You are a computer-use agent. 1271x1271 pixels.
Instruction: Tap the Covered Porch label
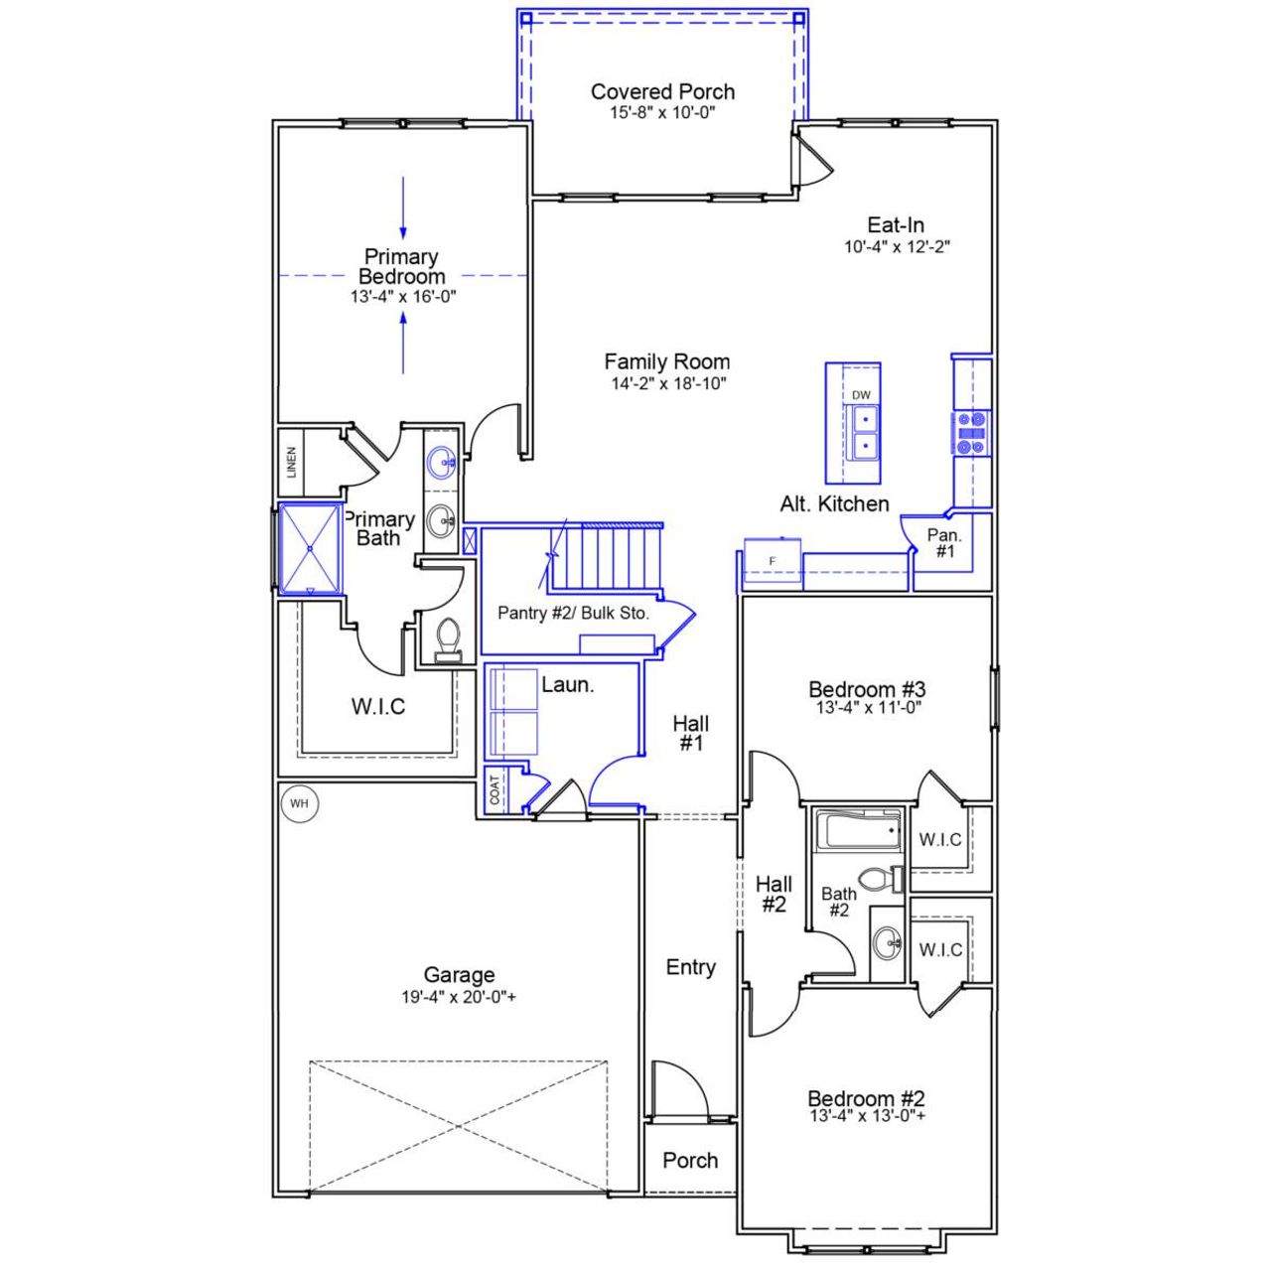(x=662, y=91)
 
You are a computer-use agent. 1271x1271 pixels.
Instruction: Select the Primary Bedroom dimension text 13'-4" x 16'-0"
(x=401, y=296)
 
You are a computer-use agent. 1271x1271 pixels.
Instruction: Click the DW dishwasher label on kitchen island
(x=861, y=395)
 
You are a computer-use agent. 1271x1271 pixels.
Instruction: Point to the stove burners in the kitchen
(x=972, y=434)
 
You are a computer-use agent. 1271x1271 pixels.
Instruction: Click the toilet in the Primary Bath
(x=448, y=637)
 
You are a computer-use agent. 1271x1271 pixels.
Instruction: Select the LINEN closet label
(x=292, y=463)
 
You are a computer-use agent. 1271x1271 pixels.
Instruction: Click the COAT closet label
(x=494, y=790)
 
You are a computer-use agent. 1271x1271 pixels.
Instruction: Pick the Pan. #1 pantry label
(x=944, y=542)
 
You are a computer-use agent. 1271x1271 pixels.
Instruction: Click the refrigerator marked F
(x=773, y=562)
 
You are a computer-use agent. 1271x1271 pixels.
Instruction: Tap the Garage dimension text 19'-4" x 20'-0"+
(x=458, y=997)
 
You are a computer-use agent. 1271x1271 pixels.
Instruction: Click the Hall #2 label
(x=774, y=894)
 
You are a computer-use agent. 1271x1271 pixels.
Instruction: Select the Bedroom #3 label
(x=867, y=689)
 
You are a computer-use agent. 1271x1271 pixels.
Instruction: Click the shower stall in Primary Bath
(x=310, y=548)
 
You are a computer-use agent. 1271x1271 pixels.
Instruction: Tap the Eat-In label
(x=896, y=225)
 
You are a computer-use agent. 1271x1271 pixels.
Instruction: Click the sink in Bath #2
(x=887, y=942)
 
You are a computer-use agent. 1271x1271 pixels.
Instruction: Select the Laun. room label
(x=567, y=684)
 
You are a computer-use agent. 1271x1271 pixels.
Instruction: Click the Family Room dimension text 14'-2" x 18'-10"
(x=669, y=382)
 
